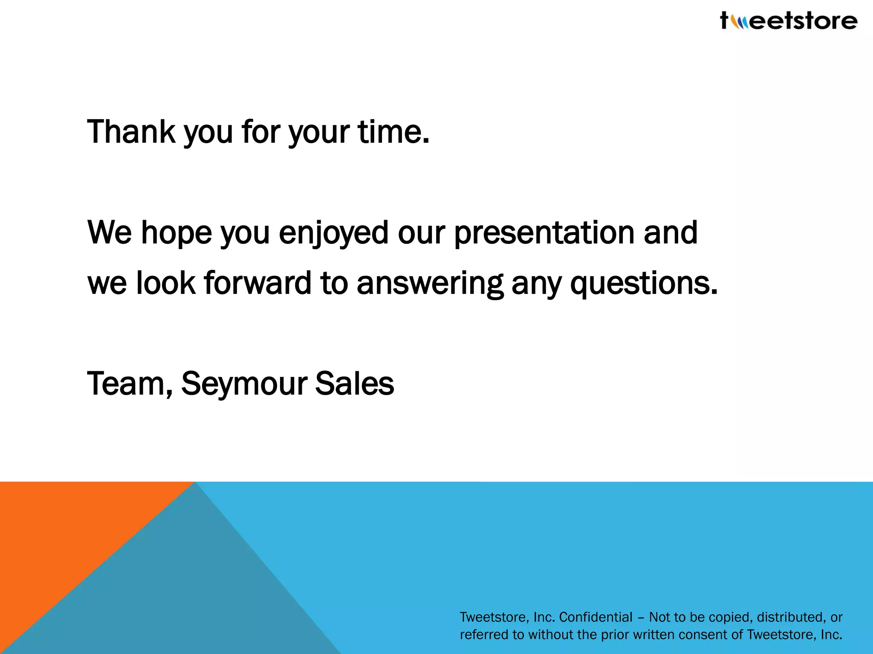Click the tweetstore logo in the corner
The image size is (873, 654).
789,20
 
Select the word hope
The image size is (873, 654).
176,233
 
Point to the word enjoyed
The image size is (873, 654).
333,233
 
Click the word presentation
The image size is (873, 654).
544,233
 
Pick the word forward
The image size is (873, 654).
257,284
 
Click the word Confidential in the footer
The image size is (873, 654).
595,617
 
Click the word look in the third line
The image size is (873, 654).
165,284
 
